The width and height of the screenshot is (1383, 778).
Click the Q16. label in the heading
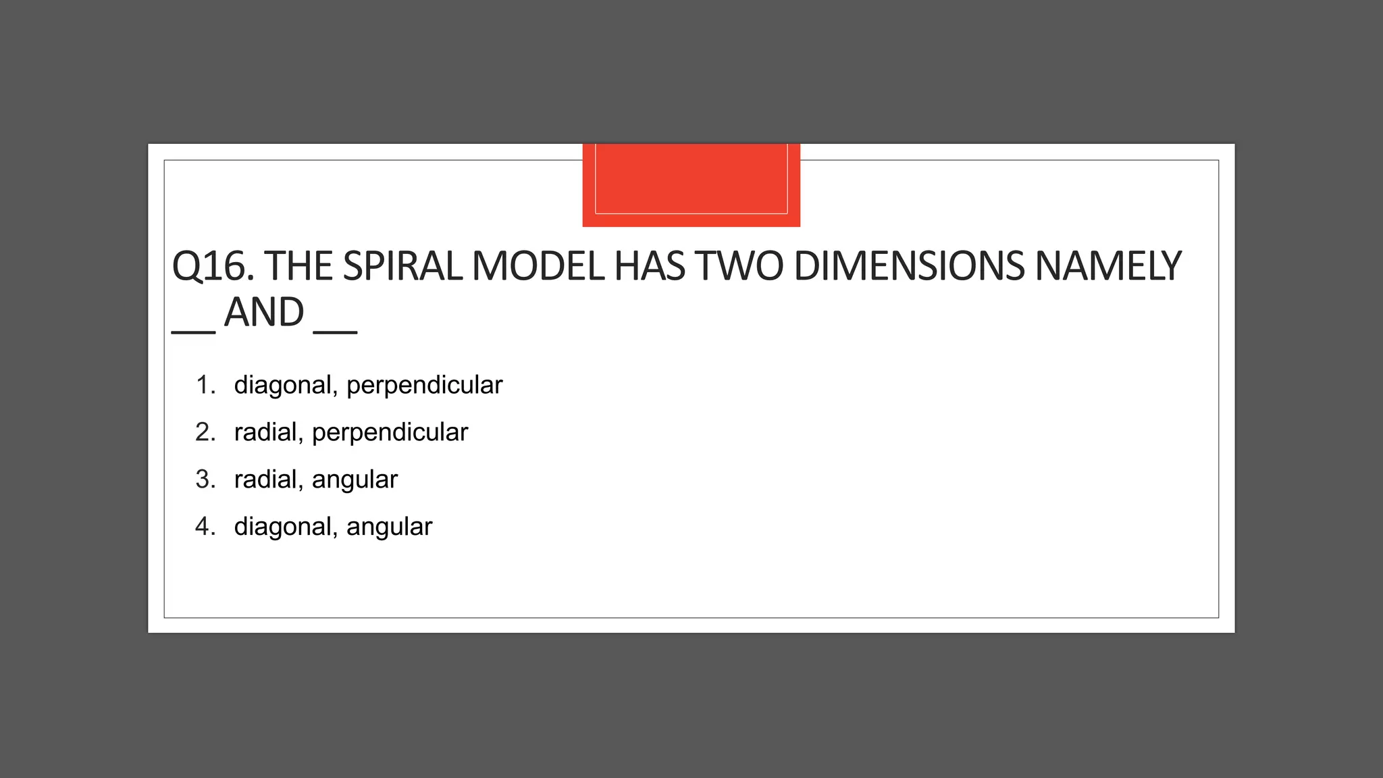click(x=213, y=266)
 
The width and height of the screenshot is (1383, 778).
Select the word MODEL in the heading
click(x=538, y=266)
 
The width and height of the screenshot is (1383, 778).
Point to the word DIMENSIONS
click(x=909, y=266)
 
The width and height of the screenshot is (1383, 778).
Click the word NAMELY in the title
click(x=1107, y=266)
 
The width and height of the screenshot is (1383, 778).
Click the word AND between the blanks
click(x=264, y=313)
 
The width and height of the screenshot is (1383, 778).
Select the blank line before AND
click(x=193, y=331)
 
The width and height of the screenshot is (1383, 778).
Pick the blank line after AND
click(x=335, y=331)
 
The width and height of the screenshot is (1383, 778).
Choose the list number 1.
click(x=205, y=385)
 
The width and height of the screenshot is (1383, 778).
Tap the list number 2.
click(x=205, y=432)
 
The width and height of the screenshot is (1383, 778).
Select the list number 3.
click(x=205, y=479)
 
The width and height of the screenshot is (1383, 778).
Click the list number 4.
click(x=205, y=527)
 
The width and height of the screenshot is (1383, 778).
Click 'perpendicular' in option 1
click(x=424, y=386)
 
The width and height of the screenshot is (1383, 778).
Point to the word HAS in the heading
click(x=649, y=266)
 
